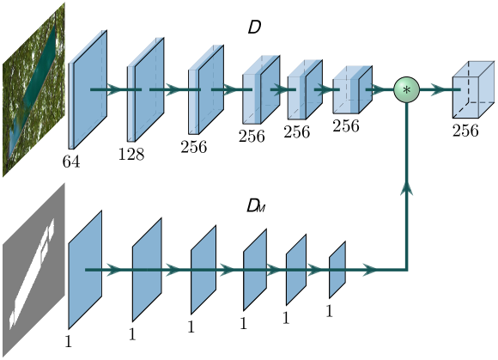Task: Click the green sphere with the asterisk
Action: (x=406, y=89)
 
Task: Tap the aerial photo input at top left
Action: (x=34, y=90)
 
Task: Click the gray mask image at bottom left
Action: (x=34, y=270)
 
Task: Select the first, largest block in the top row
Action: (x=88, y=90)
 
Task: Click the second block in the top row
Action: (x=144, y=89)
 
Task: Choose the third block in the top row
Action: (x=204, y=89)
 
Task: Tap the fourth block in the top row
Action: (x=260, y=89)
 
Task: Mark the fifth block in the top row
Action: (x=303, y=89)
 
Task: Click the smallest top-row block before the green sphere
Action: (x=350, y=89)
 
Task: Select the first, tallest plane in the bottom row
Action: (x=85, y=270)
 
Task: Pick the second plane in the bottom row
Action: (x=147, y=270)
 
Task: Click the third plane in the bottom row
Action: (x=203, y=270)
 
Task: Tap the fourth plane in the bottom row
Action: (x=255, y=270)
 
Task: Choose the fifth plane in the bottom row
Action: (x=296, y=270)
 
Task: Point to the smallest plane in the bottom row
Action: (x=337, y=270)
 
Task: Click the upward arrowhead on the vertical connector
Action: (x=406, y=188)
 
